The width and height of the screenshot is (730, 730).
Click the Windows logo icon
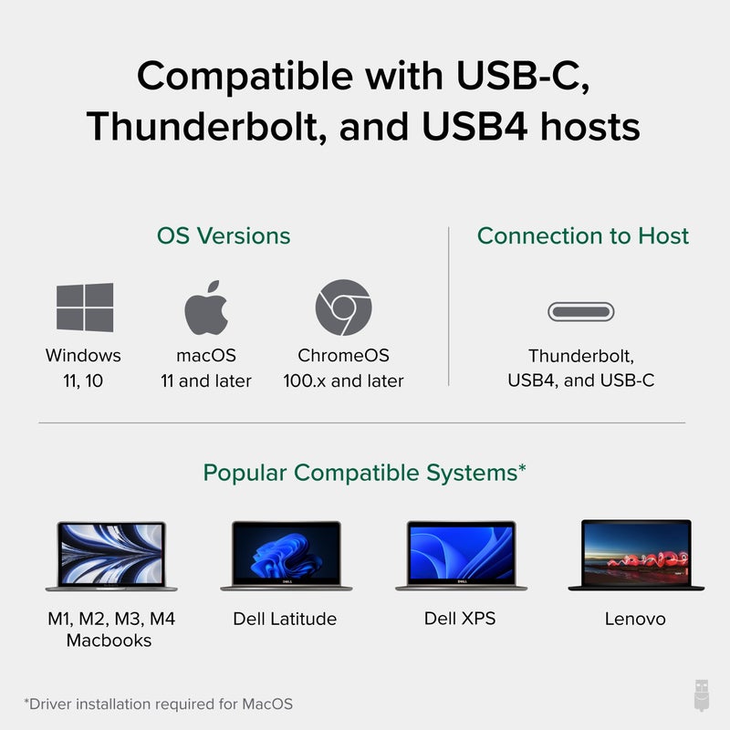click(85, 308)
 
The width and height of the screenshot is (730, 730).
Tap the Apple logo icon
click(205, 308)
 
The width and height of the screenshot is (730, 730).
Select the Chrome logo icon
click(343, 308)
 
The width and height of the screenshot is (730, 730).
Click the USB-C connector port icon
click(581, 312)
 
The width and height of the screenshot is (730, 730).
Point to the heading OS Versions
click(224, 235)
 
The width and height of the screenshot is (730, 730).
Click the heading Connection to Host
click(583, 235)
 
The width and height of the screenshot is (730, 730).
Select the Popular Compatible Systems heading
click(364, 473)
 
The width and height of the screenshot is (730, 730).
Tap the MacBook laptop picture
click(111, 555)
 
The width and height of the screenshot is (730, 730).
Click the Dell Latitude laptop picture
click(285, 555)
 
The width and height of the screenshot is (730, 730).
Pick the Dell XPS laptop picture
click(460, 555)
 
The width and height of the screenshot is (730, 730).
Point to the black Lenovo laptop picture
click(635, 555)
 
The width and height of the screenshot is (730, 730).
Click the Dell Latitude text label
click(285, 619)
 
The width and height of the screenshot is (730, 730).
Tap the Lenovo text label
click(635, 619)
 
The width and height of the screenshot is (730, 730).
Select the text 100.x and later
click(343, 381)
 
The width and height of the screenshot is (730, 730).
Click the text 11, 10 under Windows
click(82, 381)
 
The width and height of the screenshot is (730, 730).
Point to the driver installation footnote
click(159, 704)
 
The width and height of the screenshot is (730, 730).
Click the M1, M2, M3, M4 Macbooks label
click(111, 629)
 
